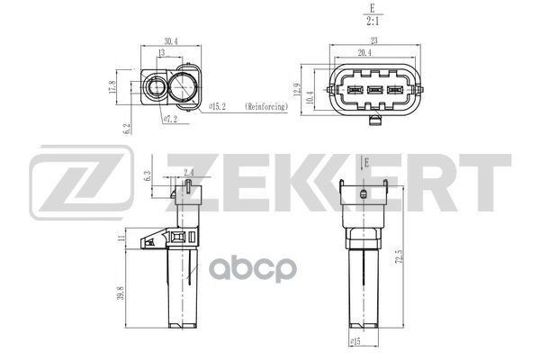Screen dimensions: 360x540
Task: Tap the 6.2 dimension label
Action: (127, 129)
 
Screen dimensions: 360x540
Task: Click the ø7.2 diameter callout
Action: (168, 118)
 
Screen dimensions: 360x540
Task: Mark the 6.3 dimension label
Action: (148, 174)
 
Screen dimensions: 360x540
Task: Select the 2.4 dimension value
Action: (187, 171)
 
